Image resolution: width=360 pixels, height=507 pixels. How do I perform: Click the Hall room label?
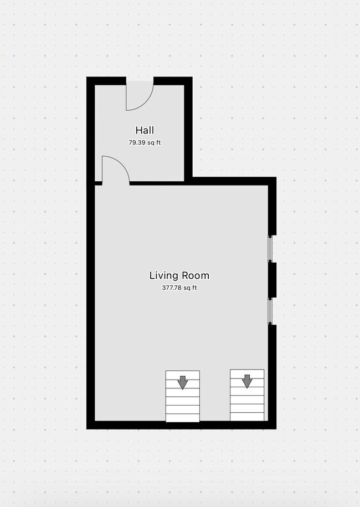pos(145,130)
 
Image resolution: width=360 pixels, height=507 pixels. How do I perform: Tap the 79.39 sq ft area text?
pos(145,142)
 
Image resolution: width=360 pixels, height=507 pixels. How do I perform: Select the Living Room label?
pos(179,276)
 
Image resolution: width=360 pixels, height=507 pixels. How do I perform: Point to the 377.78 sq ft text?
pos(179,288)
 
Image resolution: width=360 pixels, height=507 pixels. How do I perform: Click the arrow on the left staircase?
pos(183,382)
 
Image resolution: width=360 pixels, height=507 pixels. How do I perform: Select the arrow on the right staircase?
pos(247,381)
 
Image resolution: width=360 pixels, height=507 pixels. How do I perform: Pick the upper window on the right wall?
pos(270,248)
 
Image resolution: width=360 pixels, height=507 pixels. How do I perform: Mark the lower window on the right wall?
pos(270,311)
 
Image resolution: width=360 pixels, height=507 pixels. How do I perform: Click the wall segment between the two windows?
pos(272,280)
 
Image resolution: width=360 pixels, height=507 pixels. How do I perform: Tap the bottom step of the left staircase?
pos(183,418)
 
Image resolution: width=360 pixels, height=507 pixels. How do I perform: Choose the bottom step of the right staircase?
pos(247,417)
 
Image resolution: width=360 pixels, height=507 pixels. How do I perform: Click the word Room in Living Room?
pos(195,276)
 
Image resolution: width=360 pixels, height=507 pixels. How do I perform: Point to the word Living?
pos(163,276)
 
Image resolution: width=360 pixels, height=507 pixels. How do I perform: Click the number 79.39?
pos(137,142)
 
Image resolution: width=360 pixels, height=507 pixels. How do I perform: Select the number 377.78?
pos(172,288)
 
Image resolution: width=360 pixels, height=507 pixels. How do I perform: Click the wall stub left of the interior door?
pos(98,183)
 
